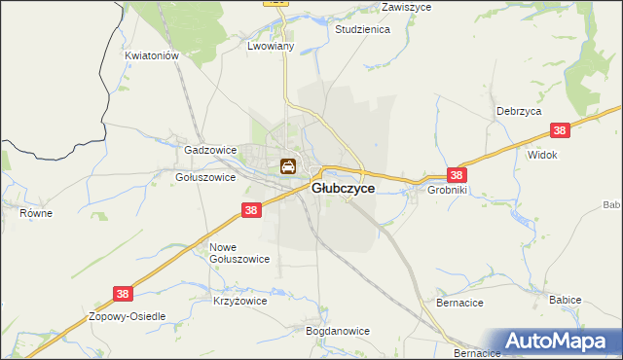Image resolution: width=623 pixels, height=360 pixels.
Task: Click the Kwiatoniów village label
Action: (153, 56)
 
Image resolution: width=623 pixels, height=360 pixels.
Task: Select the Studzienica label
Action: (362, 30)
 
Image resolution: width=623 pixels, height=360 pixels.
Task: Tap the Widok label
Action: (541, 155)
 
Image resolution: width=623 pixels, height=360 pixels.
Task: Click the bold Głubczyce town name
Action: (343, 189)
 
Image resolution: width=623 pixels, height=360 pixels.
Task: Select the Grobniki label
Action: (449, 191)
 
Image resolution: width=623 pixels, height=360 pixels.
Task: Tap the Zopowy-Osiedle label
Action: (128, 317)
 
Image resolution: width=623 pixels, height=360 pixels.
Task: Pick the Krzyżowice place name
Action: (239, 302)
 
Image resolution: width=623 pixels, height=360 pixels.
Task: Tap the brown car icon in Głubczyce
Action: (289, 167)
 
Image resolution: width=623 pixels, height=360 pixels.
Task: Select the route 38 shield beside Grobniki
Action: (457, 175)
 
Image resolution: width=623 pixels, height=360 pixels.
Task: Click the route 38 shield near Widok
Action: (559, 131)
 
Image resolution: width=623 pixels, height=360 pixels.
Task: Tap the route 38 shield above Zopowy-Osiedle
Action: (122, 292)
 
